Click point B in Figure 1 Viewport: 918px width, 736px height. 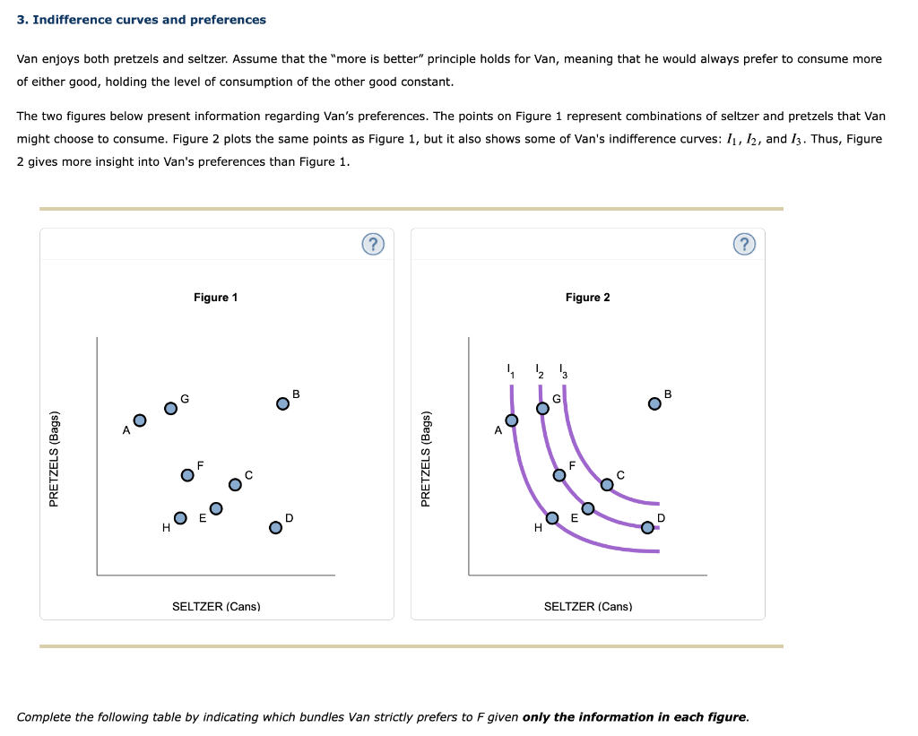coord(282,404)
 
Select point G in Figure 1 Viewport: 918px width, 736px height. coord(170,408)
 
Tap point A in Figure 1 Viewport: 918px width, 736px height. coord(140,420)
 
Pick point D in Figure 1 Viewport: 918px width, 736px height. coord(275,527)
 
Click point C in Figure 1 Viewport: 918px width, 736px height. coord(235,484)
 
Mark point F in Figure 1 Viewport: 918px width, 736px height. coord(187,475)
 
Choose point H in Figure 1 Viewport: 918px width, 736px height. coord(180,517)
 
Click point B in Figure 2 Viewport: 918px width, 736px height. coord(654,404)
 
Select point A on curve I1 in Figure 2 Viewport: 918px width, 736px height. coord(512,420)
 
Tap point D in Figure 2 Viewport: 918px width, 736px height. coord(647,527)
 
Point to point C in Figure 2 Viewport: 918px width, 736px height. coord(607,484)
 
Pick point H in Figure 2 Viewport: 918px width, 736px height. coord(552,517)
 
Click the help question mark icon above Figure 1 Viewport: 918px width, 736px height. coord(373,244)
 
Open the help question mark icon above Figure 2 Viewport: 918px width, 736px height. coord(744,244)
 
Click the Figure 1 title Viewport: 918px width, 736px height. coord(215,298)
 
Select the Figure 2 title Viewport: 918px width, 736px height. coord(587,298)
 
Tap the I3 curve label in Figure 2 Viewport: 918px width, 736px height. coord(563,371)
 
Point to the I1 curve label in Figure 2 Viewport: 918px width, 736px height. coord(511,371)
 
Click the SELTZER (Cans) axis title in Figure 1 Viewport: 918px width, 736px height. coord(216,607)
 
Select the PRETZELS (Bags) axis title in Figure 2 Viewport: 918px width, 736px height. coord(426,459)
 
